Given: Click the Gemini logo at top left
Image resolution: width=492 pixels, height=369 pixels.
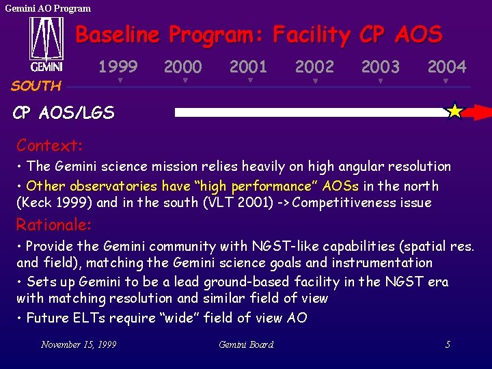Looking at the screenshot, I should (46, 44).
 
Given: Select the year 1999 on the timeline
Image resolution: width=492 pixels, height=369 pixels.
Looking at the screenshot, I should (118, 67).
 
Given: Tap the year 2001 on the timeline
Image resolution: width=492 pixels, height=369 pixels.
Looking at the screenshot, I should (248, 67).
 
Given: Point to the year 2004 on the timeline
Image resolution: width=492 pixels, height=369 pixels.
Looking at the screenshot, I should (447, 67).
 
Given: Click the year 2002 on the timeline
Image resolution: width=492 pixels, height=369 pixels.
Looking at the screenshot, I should (314, 67).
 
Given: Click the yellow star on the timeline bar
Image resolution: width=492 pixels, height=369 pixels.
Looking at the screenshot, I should (454, 111).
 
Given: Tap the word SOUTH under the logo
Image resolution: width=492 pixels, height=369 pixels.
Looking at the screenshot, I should (36, 86).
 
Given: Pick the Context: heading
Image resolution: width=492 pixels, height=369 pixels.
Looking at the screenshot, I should (50, 146).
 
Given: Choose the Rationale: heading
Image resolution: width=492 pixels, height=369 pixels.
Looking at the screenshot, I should (54, 225).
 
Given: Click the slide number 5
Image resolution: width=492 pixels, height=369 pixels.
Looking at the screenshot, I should (448, 344).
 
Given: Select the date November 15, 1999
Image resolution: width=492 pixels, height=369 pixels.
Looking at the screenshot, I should (79, 344).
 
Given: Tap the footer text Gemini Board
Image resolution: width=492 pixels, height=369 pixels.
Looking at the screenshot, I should (246, 344).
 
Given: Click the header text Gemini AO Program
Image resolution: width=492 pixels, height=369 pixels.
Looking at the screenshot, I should (48, 8).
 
